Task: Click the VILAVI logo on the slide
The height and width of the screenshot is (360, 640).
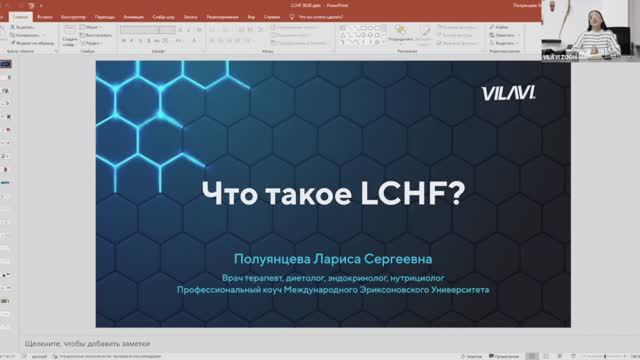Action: [516, 91]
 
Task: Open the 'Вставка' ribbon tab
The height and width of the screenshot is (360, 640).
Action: [45, 17]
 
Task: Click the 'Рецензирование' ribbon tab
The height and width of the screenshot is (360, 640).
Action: [222, 17]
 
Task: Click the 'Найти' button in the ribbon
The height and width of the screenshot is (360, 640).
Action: [503, 28]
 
